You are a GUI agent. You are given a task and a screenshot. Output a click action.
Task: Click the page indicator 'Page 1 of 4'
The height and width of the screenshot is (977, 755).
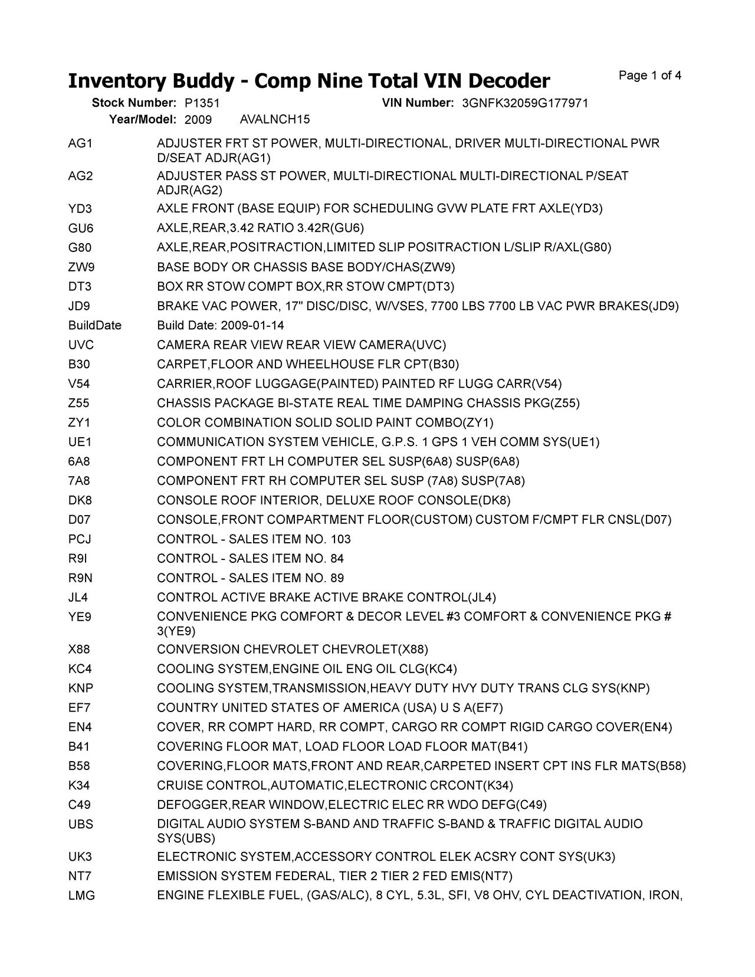[x=650, y=76]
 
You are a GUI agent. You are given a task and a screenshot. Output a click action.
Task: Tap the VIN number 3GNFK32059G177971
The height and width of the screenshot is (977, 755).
[x=525, y=103]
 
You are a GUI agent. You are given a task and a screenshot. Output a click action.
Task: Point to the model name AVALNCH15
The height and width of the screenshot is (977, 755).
[x=274, y=120]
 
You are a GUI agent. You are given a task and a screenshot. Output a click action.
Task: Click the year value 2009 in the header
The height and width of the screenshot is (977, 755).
[x=198, y=120]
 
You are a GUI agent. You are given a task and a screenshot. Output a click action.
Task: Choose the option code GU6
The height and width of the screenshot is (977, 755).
[x=81, y=228]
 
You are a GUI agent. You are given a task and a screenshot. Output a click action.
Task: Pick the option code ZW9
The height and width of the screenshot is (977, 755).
[x=81, y=267]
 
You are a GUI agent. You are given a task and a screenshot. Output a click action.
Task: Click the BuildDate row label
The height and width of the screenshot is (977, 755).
[x=94, y=326]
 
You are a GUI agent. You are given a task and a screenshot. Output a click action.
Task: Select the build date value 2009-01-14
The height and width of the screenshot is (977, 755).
[x=252, y=326]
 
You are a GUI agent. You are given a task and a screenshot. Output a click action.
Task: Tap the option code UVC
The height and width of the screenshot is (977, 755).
[x=81, y=345]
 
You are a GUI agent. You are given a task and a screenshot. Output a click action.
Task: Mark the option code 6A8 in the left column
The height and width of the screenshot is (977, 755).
[x=79, y=461]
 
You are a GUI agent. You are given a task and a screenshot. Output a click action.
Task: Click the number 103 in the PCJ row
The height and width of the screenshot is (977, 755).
[x=340, y=539]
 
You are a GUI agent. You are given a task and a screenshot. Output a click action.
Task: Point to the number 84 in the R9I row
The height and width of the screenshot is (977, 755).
[x=337, y=559]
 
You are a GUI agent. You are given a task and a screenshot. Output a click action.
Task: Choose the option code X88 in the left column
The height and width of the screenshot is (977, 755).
[x=79, y=650]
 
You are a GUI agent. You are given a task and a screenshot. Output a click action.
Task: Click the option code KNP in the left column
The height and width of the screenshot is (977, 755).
[x=81, y=689]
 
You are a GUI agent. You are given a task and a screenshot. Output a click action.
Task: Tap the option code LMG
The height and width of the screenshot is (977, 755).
[x=81, y=896]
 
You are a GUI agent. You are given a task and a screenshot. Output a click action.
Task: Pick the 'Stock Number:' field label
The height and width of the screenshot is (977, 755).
[x=134, y=103]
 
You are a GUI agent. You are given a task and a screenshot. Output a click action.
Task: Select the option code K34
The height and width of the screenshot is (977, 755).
[x=79, y=786]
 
